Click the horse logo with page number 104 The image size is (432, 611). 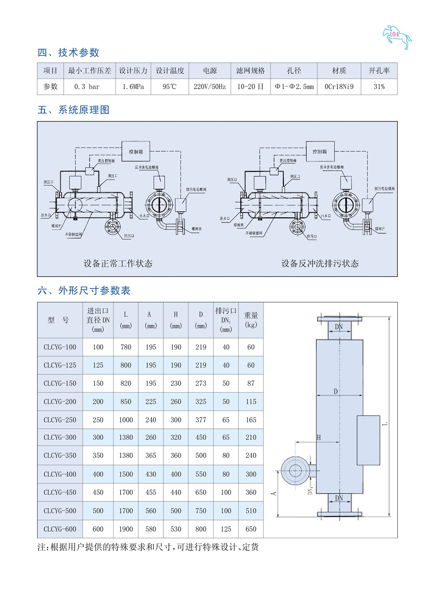pyautogui.click(x=397, y=37)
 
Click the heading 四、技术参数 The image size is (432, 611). pyautogui.click(x=68, y=52)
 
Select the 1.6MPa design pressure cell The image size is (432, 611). pyautogui.click(x=133, y=86)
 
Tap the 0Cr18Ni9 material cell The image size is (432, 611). pyautogui.click(x=339, y=86)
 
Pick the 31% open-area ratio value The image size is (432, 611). pyautogui.click(x=379, y=86)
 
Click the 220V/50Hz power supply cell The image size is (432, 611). pyautogui.click(x=210, y=86)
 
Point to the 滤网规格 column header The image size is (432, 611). pyautogui.click(x=251, y=71)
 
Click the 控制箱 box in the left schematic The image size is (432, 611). pyautogui.click(x=136, y=152)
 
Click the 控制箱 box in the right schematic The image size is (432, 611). pyautogui.click(x=320, y=152)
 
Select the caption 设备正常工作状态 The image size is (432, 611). pyautogui.click(x=118, y=263)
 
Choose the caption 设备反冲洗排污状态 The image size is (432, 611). pyautogui.click(x=320, y=263)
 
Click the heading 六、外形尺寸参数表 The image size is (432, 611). pyautogui.click(x=84, y=291)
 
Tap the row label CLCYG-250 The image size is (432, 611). pyautogui.click(x=60, y=420)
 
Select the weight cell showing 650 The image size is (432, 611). pyautogui.click(x=251, y=529)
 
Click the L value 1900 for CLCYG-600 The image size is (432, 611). pyautogui.click(x=126, y=529)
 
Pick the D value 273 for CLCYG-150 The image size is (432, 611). pyautogui.click(x=201, y=383)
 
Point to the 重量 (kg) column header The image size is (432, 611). pyautogui.click(x=251, y=320)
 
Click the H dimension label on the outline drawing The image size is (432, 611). pyautogui.click(x=319, y=437)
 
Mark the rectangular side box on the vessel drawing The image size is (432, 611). pyautogui.click(x=368, y=440)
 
